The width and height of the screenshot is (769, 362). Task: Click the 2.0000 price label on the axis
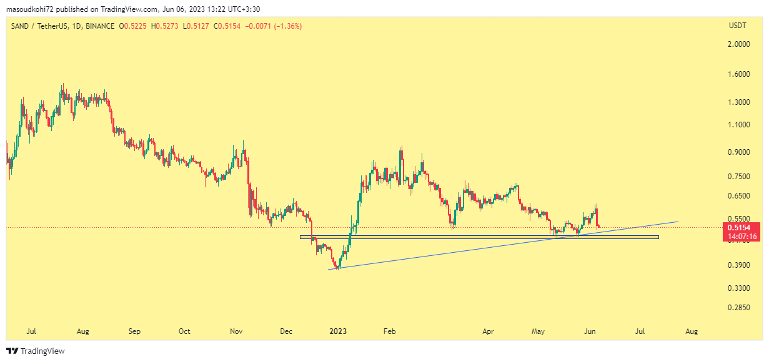pyautogui.click(x=739, y=44)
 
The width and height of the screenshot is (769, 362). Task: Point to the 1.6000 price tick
pyautogui.click(x=739, y=74)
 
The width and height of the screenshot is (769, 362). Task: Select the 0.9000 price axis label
pyautogui.click(x=739, y=152)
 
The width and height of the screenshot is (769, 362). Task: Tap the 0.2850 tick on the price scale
pyautogui.click(x=739, y=308)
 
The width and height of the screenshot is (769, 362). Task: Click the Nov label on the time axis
pyautogui.click(x=236, y=331)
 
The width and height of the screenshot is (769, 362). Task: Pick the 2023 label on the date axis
pyautogui.click(x=338, y=331)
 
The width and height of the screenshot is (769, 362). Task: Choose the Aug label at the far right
pyautogui.click(x=692, y=331)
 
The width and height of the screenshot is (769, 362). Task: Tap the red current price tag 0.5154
pyautogui.click(x=740, y=227)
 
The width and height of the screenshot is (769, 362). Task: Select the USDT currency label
pyautogui.click(x=738, y=26)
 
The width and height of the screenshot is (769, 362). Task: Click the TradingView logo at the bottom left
pyautogui.click(x=36, y=351)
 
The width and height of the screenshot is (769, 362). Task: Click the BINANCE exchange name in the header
pyautogui.click(x=100, y=26)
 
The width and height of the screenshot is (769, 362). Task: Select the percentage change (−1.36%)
pyautogui.click(x=288, y=26)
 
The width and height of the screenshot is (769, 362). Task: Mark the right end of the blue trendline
pyautogui.click(x=678, y=221)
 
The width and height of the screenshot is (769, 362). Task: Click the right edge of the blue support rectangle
pyautogui.click(x=658, y=237)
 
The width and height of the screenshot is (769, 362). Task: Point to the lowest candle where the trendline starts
pyautogui.click(x=338, y=268)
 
